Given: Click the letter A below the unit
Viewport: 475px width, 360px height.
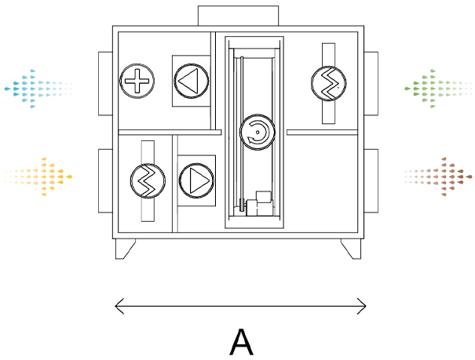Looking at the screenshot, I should (x=242, y=343).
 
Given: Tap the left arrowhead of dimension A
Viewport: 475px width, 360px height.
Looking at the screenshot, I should (x=118, y=306).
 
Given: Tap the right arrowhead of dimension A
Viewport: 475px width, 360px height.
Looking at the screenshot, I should (x=364, y=306).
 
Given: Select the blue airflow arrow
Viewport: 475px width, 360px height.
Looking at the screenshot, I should (x=37, y=87).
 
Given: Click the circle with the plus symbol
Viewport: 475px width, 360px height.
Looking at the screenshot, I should (x=137, y=80).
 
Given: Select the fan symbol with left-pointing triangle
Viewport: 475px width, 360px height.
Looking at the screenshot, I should (x=191, y=80).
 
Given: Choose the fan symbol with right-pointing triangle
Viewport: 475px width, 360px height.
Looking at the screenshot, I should (x=195, y=181).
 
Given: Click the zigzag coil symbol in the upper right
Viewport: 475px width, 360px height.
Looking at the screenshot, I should (x=328, y=82).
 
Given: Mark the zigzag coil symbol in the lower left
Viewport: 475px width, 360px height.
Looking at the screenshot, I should (x=147, y=181).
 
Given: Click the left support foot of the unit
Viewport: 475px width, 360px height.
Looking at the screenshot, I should (x=126, y=248).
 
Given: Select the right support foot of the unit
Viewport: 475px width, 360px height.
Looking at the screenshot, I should (x=352, y=248).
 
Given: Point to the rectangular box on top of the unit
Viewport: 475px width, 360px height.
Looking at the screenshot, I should (x=238, y=16).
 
